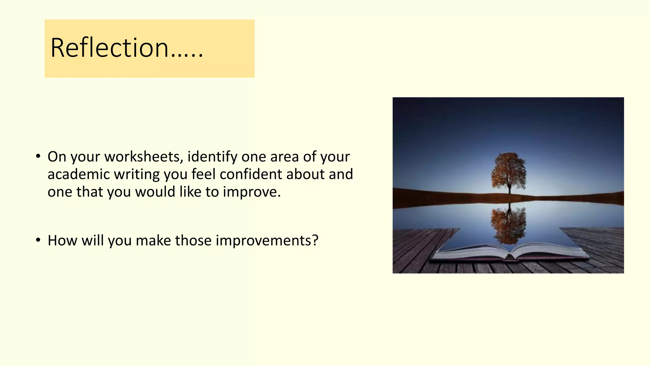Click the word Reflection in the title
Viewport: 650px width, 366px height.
[x=109, y=48]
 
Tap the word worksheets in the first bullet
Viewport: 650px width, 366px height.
[x=144, y=157]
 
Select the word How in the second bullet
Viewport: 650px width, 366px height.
[x=62, y=241]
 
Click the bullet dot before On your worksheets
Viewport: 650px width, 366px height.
[x=38, y=156]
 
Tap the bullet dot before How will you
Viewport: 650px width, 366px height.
[x=38, y=240]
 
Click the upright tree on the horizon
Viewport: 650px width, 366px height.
[x=508, y=172]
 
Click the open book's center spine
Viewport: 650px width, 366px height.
[x=510, y=256]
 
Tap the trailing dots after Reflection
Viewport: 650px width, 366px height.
[x=187, y=57]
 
